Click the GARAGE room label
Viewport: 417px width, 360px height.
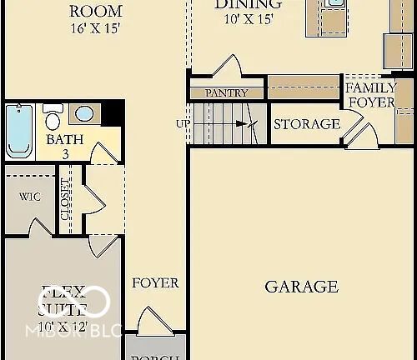click(301, 287)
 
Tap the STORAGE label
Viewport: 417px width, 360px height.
click(307, 124)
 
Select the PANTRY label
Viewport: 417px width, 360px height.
click(226, 93)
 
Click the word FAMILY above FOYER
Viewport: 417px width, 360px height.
click(371, 88)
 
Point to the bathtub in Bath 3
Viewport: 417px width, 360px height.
click(19, 130)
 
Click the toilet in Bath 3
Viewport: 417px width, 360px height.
click(53, 116)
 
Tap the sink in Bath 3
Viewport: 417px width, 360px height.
click(84, 113)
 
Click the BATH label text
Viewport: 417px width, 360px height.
click(64, 139)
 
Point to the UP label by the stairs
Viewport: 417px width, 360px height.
click(183, 124)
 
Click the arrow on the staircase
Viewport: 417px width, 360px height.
click(242, 124)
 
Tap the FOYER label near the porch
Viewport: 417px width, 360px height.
click(155, 283)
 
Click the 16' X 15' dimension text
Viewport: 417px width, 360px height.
click(95, 29)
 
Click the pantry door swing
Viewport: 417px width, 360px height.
click(228, 67)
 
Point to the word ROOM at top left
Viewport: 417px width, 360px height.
click(95, 11)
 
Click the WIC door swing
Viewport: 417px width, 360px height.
click(39, 226)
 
